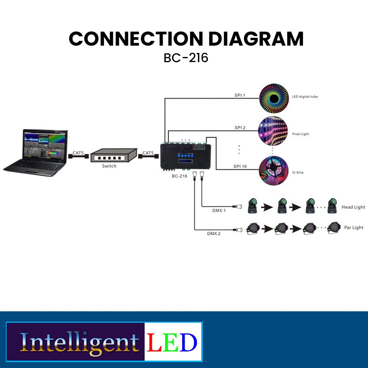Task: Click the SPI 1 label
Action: point(240,95)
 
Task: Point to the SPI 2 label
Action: point(240,128)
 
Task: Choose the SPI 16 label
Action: point(240,166)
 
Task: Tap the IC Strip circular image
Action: point(273,170)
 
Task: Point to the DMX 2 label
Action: point(214,233)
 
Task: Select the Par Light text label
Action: point(354,227)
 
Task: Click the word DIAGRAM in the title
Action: point(254,39)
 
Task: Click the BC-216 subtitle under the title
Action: point(186,58)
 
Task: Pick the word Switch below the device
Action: point(109,166)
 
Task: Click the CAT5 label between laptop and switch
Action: point(78,152)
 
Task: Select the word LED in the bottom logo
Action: point(172,342)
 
